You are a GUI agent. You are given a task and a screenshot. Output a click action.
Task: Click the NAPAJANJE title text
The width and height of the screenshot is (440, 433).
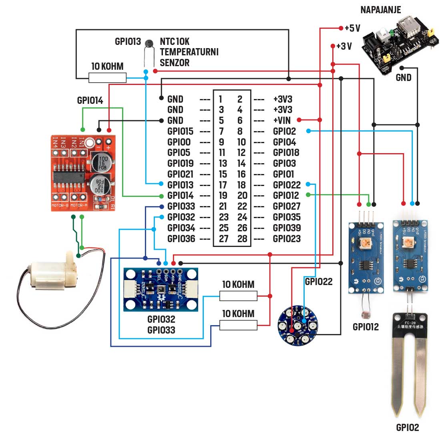pyautogui.click(x=380, y=10)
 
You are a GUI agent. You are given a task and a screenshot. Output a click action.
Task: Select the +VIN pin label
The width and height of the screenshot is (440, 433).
pyautogui.click(x=282, y=120)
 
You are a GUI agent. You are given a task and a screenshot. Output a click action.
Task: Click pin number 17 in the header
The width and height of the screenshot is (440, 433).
pyautogui.click(x=223, y=185)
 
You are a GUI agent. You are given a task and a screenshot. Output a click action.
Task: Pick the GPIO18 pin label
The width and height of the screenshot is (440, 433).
pyautogui.click(x=286, y=153)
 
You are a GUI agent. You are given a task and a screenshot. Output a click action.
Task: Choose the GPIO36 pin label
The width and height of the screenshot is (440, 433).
pyautogui.click(x=181, y=239)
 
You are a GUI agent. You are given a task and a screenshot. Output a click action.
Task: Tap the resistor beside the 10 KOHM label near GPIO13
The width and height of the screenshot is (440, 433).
pyautogui.click(x=107, y=77)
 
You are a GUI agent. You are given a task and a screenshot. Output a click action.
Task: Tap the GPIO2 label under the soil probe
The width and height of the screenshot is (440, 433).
pyautogui.click(x=407, y=427)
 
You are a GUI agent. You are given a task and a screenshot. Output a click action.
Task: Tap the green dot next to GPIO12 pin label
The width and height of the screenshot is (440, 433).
pyautogui.click(x=308, y=195)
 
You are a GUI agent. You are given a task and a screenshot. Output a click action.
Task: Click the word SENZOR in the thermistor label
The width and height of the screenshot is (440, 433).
pyautogui.click(x=175, y=63)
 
